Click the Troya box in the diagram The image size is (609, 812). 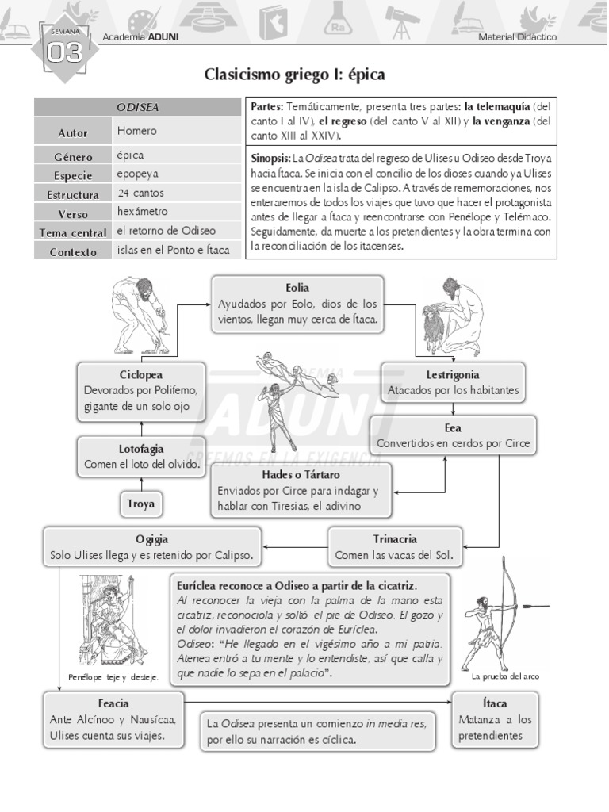click(x=140, y=504)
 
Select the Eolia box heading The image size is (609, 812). click(x=297, y=288)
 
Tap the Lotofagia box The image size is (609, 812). click(x=141, y=457)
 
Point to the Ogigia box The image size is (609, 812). click(x=151, y=547)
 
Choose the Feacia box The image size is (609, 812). click(x=113, y=719)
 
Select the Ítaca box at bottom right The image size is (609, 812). click(x=495, y=719)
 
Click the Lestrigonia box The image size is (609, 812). click(x=453, y=382)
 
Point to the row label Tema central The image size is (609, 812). click(x=73, y=233)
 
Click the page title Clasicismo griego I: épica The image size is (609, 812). click(x=294, y=75)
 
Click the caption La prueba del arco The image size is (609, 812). click(x=505, y=676)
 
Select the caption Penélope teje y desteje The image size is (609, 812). click(x=113, y=677)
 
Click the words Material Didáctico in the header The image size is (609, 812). click(x=517, y=37)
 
